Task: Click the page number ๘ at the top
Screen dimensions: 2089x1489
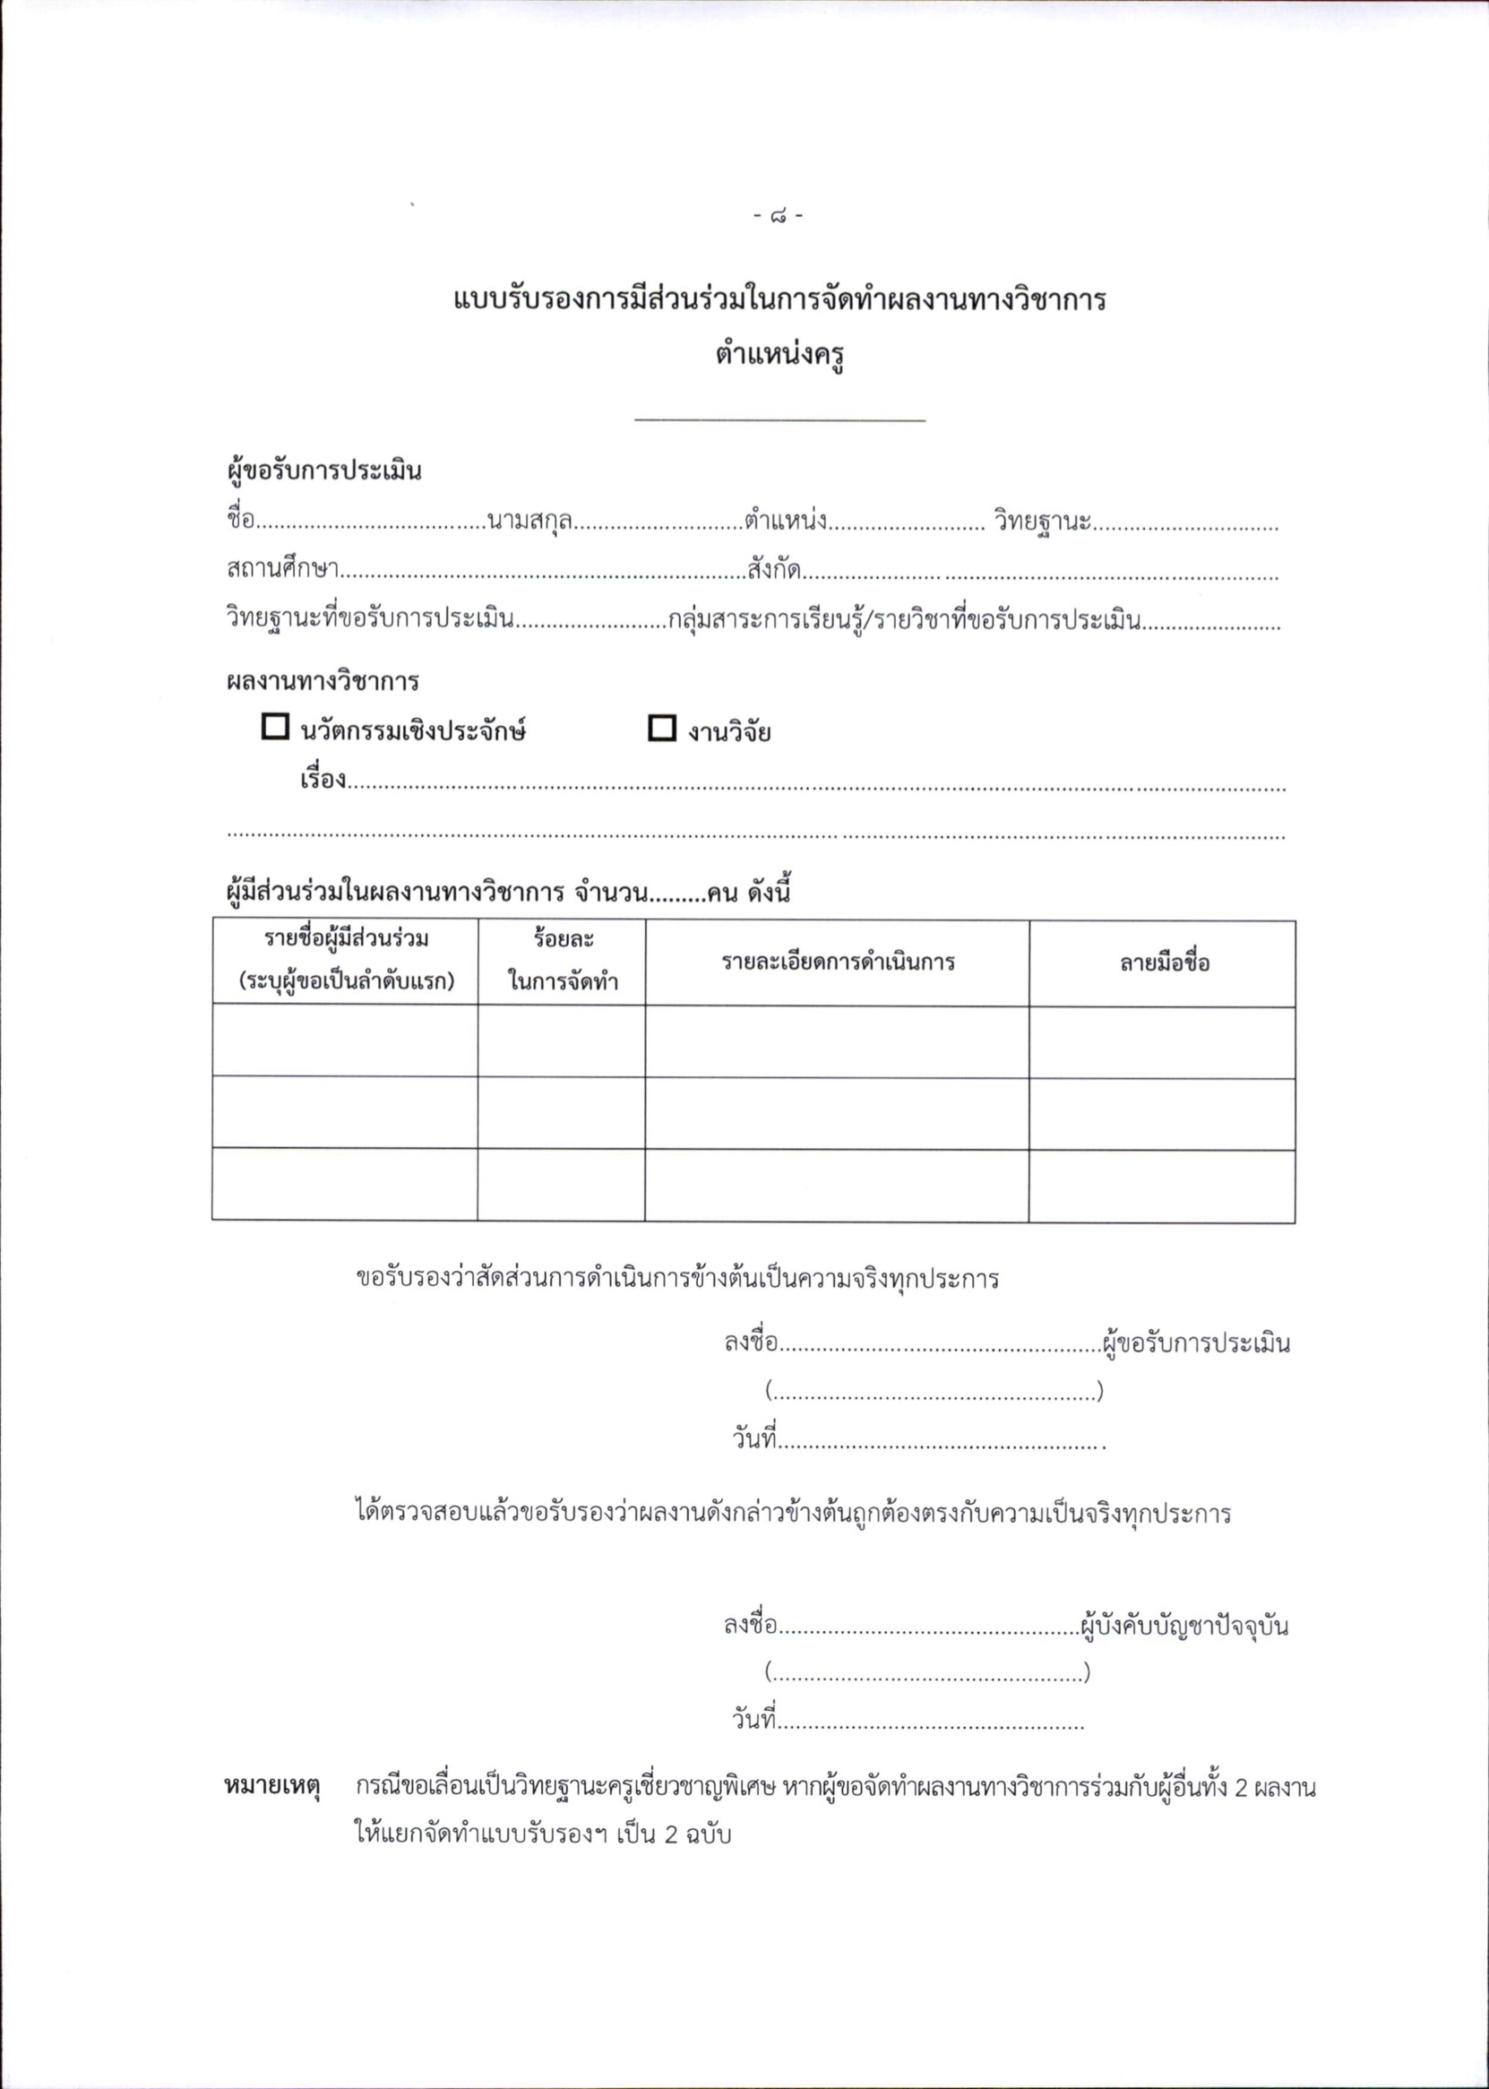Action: coord(778,218)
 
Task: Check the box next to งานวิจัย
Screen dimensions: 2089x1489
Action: coord(661,728)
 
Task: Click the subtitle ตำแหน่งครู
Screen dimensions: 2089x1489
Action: coord(779,354)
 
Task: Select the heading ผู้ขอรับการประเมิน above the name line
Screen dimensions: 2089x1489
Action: coord(324,472)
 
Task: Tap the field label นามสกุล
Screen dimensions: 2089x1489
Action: coord(530,522)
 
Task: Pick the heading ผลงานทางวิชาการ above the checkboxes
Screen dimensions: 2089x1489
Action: coord(323,682)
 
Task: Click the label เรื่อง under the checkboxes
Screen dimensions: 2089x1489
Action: coord(323,781)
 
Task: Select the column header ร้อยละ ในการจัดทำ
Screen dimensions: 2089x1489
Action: coord(562,961)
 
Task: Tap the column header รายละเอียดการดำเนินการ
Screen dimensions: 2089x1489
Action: coord(837,962)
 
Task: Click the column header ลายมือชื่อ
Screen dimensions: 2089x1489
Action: coord(1164,962)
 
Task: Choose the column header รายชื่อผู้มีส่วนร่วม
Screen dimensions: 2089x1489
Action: coord(347,961)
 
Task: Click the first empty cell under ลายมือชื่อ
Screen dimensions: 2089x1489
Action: coord(1162,1041)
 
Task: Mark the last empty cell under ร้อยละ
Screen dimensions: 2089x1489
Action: coord(561,1185)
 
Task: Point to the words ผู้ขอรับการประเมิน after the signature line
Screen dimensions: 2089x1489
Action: coord(1197,1344)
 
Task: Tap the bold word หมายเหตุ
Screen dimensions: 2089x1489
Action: coord(272,1787)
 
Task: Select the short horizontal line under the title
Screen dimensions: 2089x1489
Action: coord(779,421)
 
